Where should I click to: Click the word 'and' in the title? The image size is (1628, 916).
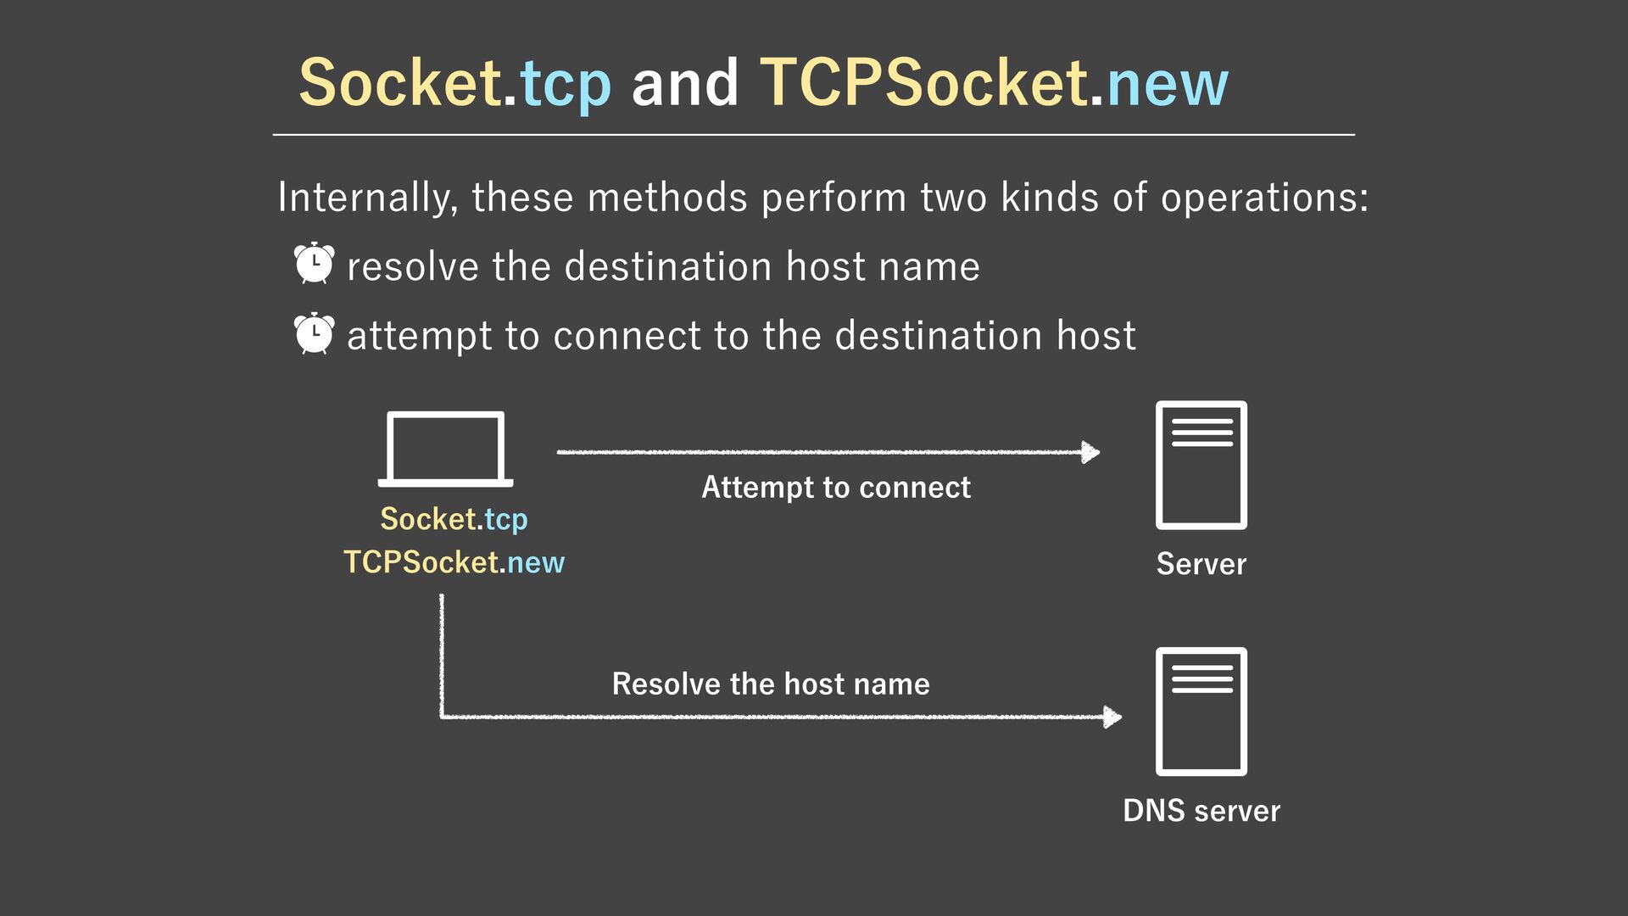685,84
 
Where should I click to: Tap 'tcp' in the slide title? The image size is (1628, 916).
566,86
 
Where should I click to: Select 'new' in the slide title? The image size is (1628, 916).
1168,86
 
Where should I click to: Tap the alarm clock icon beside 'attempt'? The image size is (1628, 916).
314,333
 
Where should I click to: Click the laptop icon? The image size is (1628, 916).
445,449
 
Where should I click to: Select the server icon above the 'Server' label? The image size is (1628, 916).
1201,465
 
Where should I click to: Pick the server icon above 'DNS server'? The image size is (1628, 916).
1201,711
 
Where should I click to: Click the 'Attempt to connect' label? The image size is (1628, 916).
835,488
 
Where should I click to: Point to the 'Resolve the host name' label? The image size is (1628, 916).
771,684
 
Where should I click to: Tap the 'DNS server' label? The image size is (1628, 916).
1201,811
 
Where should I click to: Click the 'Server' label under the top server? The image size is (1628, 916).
1201,564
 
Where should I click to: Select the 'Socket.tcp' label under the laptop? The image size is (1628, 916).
454,519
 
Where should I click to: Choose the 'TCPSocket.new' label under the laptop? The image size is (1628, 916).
454,562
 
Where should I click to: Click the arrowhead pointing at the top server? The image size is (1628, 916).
1091,452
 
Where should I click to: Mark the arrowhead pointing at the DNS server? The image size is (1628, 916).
1112,717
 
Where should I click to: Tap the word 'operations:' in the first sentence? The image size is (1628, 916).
1264,198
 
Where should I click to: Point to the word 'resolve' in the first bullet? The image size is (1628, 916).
414,267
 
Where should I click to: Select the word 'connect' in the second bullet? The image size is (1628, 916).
627,336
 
